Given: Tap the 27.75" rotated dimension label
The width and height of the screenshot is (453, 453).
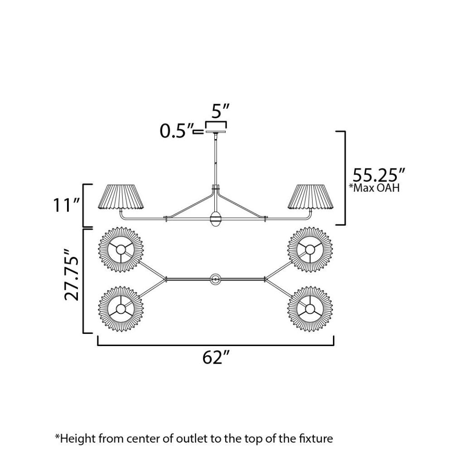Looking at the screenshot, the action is coord(71,275).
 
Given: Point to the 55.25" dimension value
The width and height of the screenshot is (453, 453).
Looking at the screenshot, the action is coord(379,174).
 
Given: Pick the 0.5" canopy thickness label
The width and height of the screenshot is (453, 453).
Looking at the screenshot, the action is coord(177,131).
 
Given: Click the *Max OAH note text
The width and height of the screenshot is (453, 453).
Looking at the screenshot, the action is coord(375,188).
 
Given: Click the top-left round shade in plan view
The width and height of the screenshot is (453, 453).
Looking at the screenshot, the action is coord(121,250).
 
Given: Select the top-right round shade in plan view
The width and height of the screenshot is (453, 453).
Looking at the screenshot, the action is coord(310,250).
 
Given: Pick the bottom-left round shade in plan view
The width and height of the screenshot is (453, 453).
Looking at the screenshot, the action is coord(121,309).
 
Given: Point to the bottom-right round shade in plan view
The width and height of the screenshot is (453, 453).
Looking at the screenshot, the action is coord(310,309).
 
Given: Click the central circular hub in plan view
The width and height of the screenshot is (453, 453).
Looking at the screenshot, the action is coord(215,280).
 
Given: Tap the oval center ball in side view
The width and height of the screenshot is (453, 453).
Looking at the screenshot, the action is coord(216,219).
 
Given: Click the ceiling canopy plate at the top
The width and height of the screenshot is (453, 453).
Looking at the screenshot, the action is coord(216,132).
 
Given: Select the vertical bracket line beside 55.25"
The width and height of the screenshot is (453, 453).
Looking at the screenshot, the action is coord(345,178).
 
